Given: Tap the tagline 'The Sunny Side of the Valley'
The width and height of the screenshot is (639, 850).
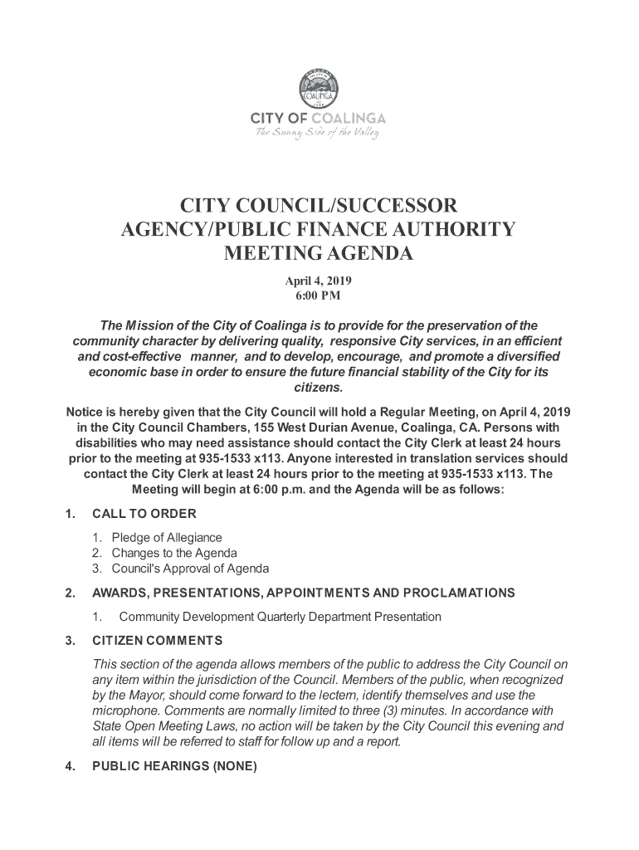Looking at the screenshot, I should (319, 133).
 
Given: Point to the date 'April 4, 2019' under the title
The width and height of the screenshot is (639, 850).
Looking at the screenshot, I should (319, 281).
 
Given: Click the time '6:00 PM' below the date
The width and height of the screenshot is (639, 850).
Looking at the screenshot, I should (319, 296).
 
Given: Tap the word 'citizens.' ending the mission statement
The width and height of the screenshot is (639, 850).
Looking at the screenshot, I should (319, 388).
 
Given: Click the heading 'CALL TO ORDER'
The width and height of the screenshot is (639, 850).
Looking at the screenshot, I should (144, 513).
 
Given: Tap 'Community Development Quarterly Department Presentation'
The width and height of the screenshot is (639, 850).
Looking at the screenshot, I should (280, 617).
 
